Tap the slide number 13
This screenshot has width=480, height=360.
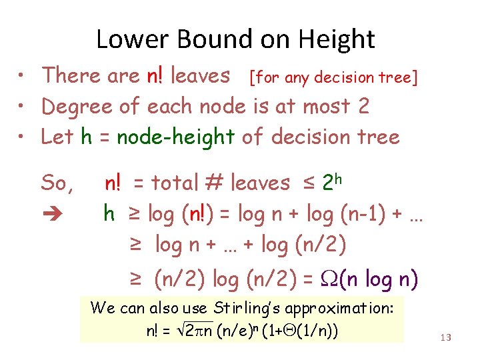tap(446, 337)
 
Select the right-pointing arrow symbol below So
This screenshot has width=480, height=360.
tap(52, 215)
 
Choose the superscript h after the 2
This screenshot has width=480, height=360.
tap(338, 177)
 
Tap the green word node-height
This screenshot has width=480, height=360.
tap(175, 137)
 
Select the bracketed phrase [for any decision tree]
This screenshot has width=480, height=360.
tap(333, 78)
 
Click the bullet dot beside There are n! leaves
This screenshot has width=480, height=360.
tap(22, 75)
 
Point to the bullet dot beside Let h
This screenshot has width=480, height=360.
tap(22, 137)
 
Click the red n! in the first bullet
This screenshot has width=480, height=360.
tap(156, 76)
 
